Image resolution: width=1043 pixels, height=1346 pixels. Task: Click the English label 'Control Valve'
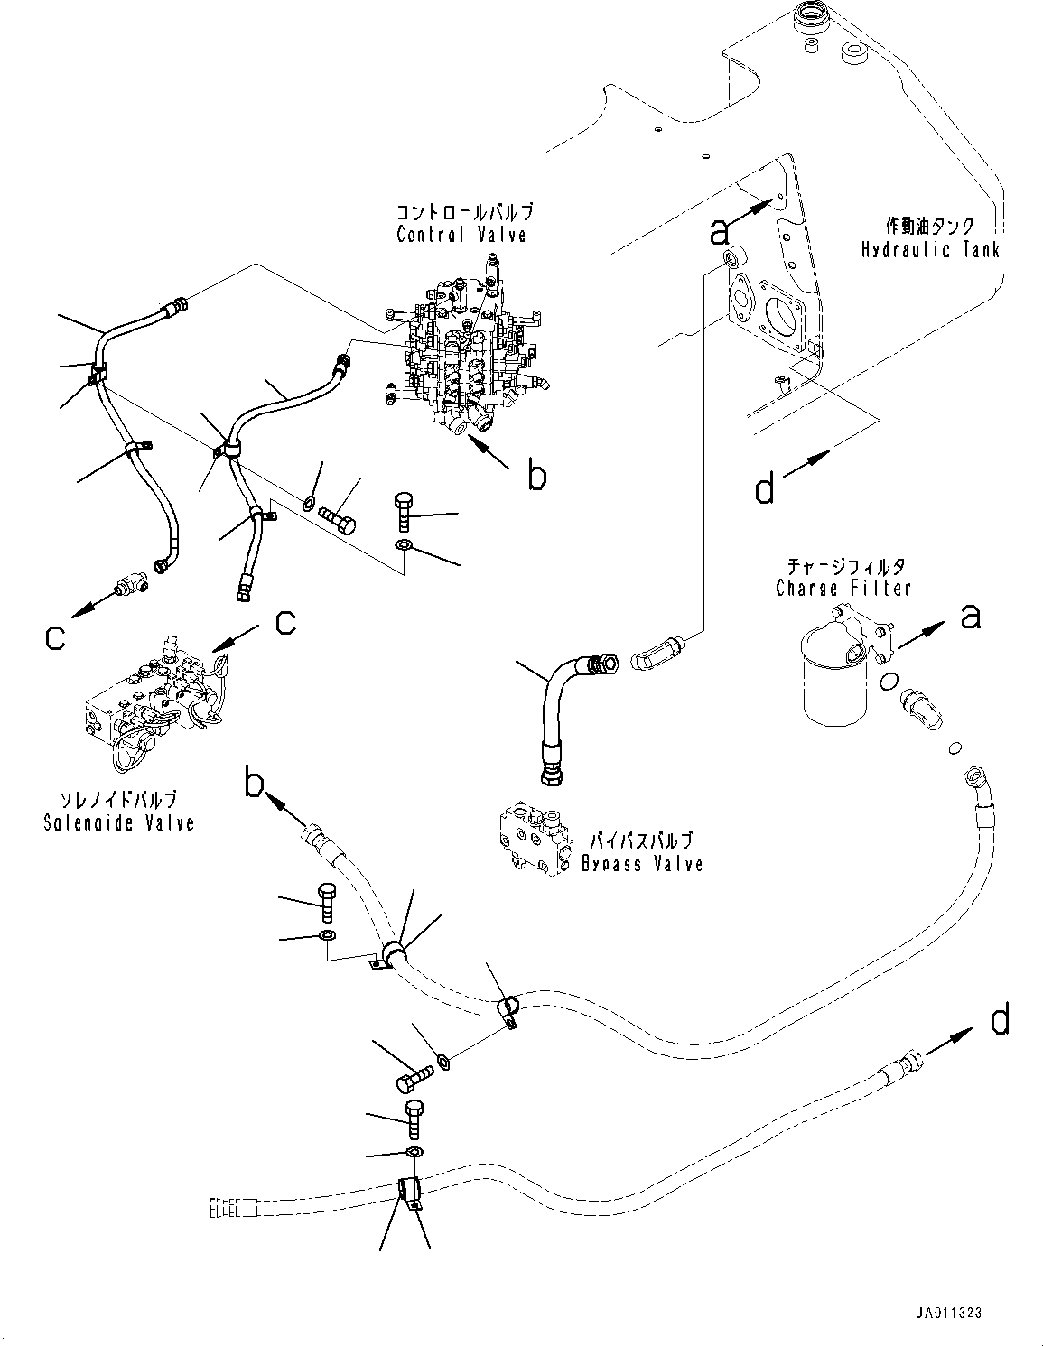point(461,235)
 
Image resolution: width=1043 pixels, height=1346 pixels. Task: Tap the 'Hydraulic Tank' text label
point(929,250)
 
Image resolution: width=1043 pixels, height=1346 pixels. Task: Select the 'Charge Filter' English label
point(843,589)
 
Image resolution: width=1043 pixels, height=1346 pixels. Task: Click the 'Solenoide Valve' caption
point(118,822)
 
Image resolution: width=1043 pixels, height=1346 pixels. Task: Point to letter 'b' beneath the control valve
point(536,476)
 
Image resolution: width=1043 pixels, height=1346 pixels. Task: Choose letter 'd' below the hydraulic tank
point(765,489)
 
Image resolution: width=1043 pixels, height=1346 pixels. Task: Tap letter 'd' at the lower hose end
point(1000,1021)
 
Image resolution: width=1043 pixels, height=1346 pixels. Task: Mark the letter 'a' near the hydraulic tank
point(719,232)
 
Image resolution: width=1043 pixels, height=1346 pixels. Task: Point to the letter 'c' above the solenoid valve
point(285,622)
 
